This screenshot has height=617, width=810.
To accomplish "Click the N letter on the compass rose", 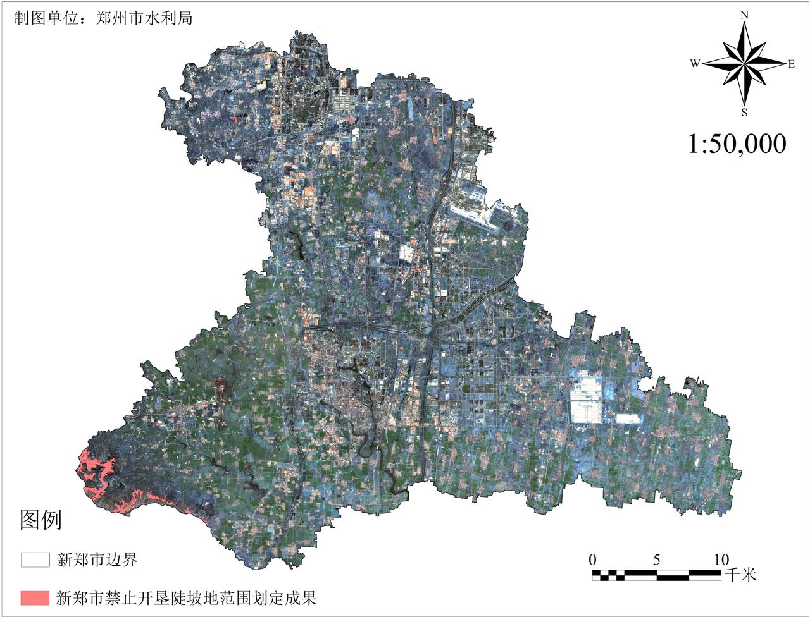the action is click(x=745, y=15).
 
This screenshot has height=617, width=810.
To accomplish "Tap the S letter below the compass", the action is click(x=744, y=113).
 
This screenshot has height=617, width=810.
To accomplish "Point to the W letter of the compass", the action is click(x=695, y=63).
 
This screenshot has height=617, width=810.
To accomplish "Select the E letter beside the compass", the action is click(x=791, y=63).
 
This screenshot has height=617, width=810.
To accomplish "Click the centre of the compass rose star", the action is click(x=744, y=63).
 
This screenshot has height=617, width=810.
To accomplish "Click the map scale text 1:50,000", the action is click(x=737, y=144).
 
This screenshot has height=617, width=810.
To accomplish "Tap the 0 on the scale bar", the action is click(x=592, y=559).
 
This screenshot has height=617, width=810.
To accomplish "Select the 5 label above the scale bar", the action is click(x=657, y=559).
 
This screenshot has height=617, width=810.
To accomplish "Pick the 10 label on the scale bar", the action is click(x=721, y=559).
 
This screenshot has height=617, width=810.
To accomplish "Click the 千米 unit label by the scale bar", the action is click(x=740, y=575).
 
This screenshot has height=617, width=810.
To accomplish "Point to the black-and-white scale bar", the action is click(x=657, y=575).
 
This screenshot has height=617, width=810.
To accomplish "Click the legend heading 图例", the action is click(x=41, y=520).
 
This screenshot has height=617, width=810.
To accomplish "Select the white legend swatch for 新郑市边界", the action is click(x=35, y=559).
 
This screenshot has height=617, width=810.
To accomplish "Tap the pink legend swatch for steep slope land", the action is click(x=35, y=597).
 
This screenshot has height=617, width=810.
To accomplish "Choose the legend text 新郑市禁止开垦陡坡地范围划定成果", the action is click(x=186, y=597).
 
